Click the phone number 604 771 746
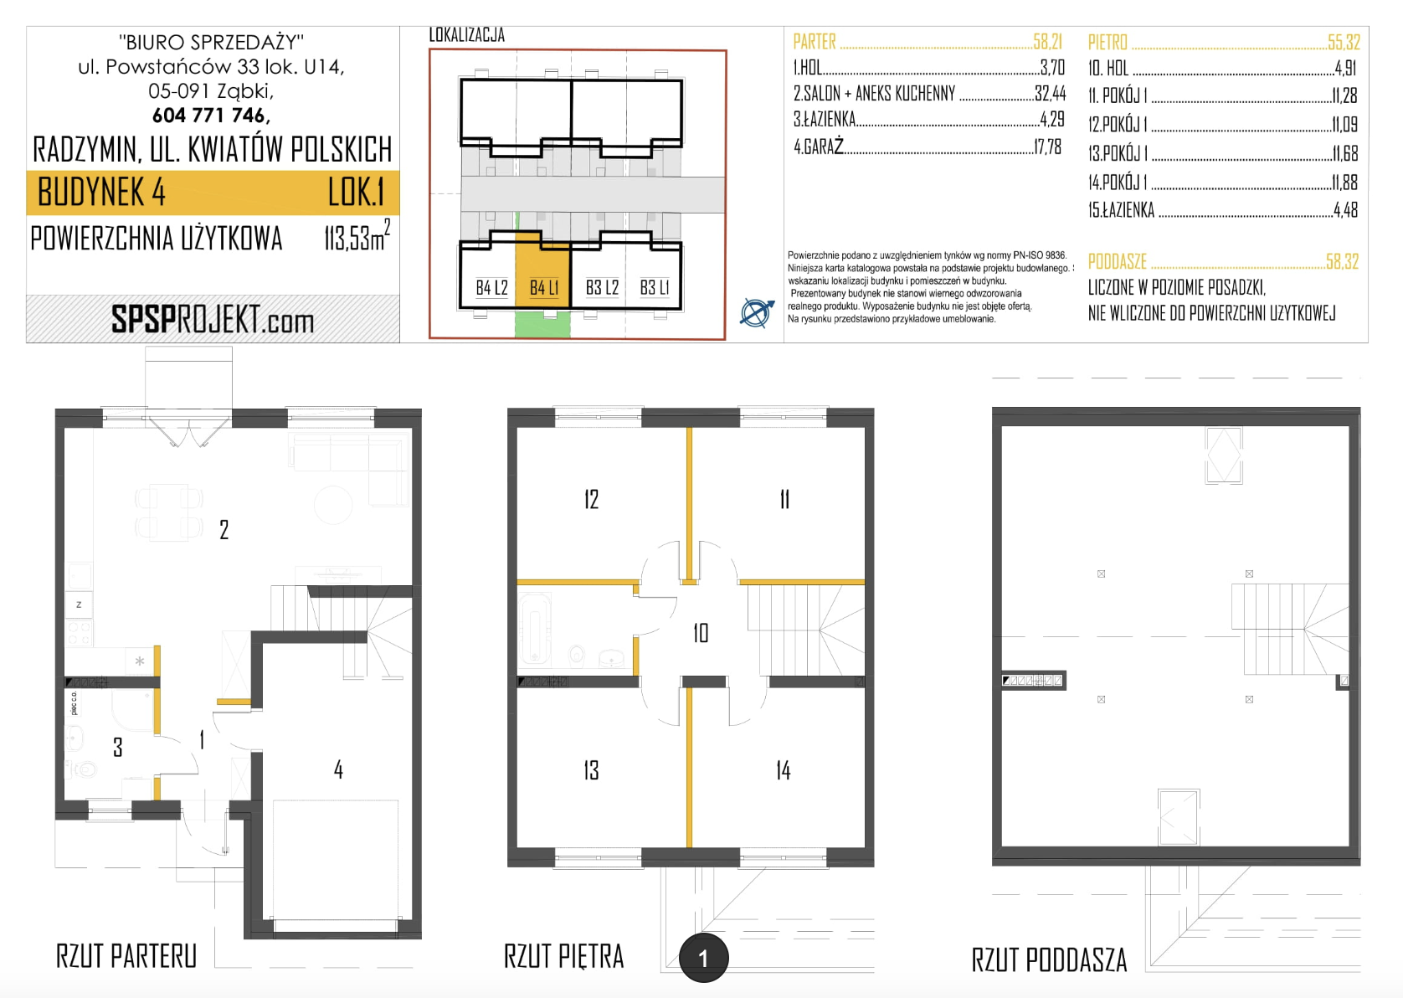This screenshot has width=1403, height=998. pyautogui.click(x=211, y=116)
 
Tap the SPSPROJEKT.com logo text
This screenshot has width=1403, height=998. pyautogui.click(x=213, y=320)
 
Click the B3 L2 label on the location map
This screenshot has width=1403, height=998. pyautogui.click(x=602, y=287)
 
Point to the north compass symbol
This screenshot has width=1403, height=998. pyautogui.click(x=757, y=312)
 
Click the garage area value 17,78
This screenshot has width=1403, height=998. pyautogui.click(x=1047, y=147)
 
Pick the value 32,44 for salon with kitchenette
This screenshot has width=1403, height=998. pyautogui.click(x=1050, y=93)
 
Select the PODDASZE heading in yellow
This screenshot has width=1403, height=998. pyautogui.click(x=1117, y=261)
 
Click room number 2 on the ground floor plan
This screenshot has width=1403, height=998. pyautogui.click(x=224, y=530)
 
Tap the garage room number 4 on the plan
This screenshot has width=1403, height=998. pyautogui.click(x=338, y=769)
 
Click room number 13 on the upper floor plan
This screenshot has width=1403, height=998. pyautogui.click(x=591, y=770)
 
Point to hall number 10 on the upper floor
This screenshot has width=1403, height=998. pyautogui.click(x=701, y=633)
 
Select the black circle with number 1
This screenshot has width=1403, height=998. pyautogui.click(x=703, y=958)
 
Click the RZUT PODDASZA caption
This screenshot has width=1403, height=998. pyautogui.click(x=1049, y=959)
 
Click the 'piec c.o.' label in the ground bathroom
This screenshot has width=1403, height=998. pyautogui.click(x=74, y=702)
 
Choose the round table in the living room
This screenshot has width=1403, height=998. pyautogui.click(x=333, y=504)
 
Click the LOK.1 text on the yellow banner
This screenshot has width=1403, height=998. pyautogui.click(x=356, y=192)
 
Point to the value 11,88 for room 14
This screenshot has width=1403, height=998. pyautogui.click(x=1344, y=183)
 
